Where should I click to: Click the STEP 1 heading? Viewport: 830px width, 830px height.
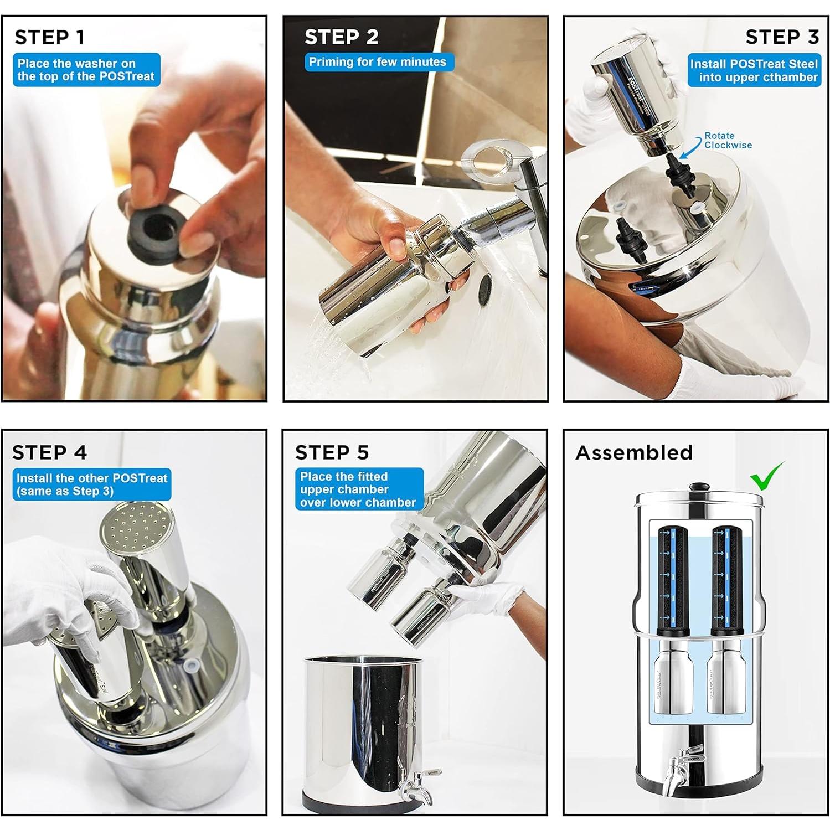pos(49,37)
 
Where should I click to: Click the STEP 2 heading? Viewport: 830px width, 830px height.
pos(342,37)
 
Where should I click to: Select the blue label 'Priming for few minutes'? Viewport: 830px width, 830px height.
pos(379,62)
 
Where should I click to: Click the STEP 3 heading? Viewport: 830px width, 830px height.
pos(782,37)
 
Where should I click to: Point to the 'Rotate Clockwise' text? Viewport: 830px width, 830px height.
pos(728,140)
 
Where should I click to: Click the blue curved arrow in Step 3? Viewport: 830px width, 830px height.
pos(690,148)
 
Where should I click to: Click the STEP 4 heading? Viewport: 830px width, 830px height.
pos(49,452)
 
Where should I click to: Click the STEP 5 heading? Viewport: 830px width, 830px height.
pos(332,452)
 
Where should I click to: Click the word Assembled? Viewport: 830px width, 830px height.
pos(634,453)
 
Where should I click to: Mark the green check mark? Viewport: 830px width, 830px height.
pos(767,476)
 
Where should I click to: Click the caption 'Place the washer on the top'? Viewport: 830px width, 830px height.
pos(86,70)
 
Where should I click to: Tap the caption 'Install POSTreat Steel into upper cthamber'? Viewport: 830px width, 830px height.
pos(754,70)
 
